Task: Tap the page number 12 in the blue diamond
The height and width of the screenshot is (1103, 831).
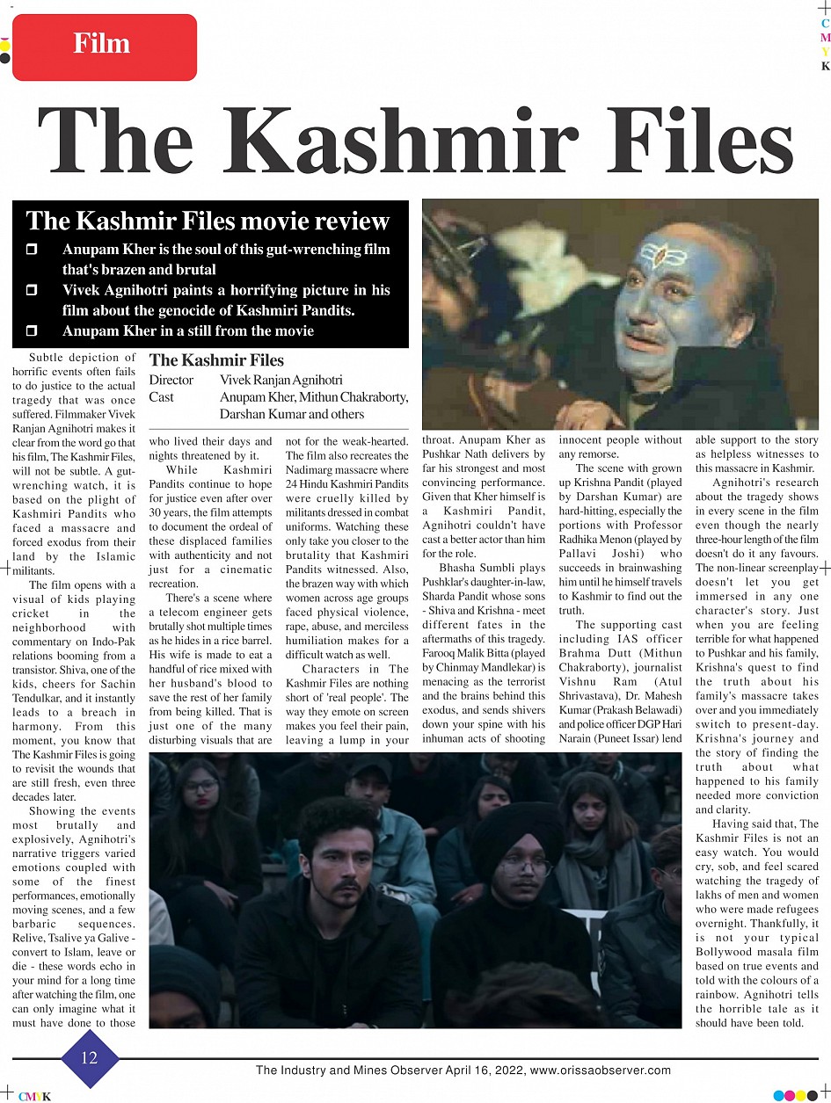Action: pyautogui.click(x=90, y=1057)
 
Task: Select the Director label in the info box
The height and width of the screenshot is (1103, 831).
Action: pyautogui.click(x=171, y=381)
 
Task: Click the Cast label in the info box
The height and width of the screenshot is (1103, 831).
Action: pyautogui.click(x=162, y=397)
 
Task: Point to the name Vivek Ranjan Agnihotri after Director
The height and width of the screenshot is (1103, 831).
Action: pyautogui.click(x=281, y=381)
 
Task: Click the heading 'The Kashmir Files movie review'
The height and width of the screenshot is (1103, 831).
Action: pyautogui.click(x=208, y=221)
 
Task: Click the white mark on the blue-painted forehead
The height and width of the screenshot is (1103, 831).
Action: pyautogui.click(x=657, y=257)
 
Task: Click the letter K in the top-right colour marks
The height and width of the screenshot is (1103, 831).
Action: pyautogui.click(x=825, y=67)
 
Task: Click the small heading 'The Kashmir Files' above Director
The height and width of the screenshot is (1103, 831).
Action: pyautogui.click(x=216, y=360)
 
